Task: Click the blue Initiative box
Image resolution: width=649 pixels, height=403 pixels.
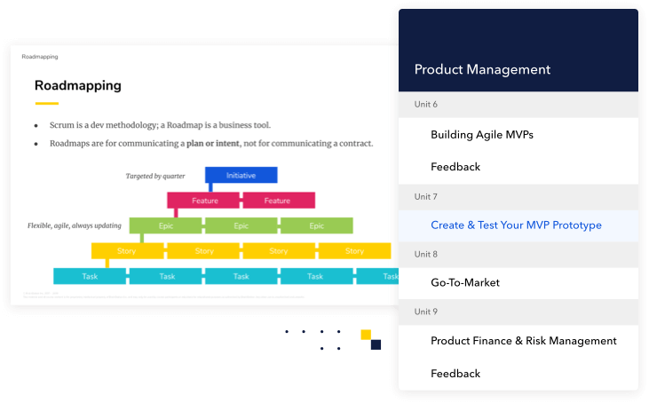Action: [241, 175]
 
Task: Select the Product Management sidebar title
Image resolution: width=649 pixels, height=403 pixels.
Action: [482, 69]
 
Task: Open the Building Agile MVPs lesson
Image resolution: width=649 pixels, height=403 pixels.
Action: [481, 135]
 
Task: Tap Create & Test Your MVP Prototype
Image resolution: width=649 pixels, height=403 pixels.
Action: [516, 225]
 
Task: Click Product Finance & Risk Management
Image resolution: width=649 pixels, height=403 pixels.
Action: [523, 341]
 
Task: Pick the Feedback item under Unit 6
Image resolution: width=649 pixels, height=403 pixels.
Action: [455, 167]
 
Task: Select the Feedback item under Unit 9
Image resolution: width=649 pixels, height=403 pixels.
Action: [455, 374]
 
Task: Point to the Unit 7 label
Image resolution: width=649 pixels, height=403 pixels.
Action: [426, 196]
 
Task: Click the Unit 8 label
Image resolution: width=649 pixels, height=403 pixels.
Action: [426, 254]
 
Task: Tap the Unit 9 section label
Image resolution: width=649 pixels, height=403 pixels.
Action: [426, 312]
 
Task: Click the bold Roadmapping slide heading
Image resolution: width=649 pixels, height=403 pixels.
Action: [77, 86]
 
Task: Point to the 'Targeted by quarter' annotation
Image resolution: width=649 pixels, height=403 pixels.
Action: [162, 177]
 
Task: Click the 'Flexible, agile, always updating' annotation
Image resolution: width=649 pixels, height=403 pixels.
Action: [75, 226]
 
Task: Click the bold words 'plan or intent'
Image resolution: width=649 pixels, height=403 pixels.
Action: [216, 143]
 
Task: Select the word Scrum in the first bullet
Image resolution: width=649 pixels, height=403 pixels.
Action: [63, 125]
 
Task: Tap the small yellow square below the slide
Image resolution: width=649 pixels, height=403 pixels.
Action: [365, 335]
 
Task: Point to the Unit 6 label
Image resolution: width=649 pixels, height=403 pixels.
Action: [426, 104]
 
